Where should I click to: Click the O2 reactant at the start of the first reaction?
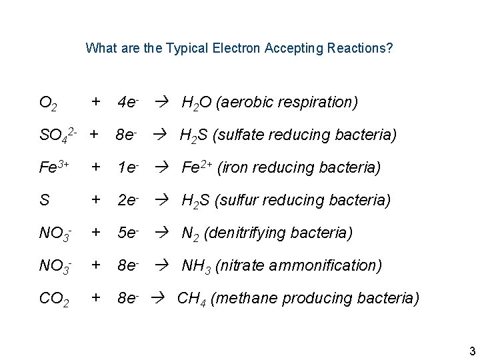pos(48,103)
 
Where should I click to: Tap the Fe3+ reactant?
pos(52,167)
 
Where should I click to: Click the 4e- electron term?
pos(128,103)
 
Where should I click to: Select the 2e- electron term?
pos(128,200)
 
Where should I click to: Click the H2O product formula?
pos(197,103)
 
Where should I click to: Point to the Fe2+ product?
pos(197,167)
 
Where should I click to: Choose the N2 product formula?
pos(191,233)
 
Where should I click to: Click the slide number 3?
pos(471,351)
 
